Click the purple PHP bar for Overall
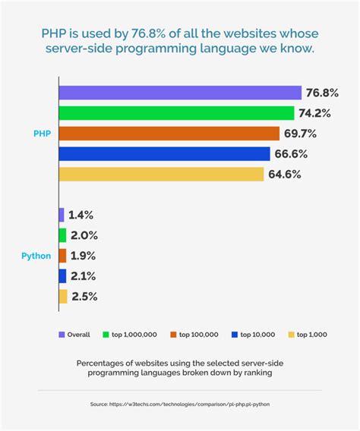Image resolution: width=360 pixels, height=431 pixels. point(181,93)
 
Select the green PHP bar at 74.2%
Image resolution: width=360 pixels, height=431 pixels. point(176,113)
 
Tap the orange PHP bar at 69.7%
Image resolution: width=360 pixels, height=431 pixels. point(169,134)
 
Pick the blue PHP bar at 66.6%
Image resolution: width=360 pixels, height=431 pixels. point(164,154)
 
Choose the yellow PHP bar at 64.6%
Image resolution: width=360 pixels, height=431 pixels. point(161,175)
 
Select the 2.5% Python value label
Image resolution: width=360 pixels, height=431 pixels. point(85,297)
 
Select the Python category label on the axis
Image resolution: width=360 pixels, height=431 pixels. point(36,256)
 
